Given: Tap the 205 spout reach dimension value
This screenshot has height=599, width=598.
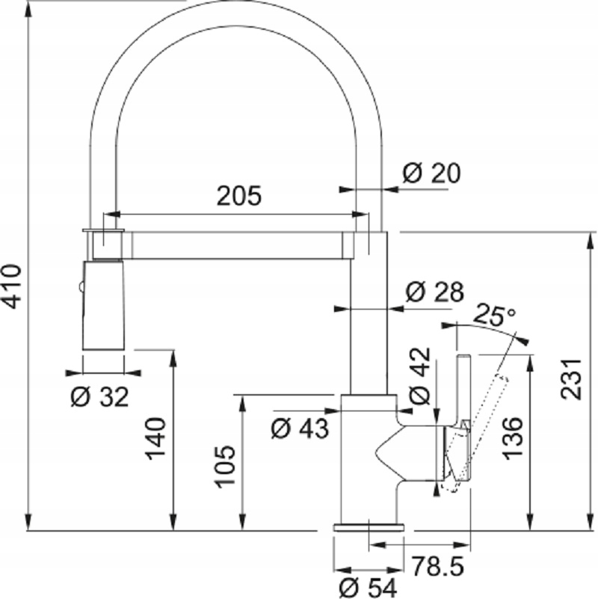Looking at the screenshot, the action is tap(239, 196).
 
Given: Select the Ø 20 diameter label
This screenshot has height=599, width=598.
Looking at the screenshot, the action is tap(431, 173).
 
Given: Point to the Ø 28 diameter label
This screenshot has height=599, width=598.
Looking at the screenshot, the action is tap(434, 292).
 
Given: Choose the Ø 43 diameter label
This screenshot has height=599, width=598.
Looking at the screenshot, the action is tap(299, 428).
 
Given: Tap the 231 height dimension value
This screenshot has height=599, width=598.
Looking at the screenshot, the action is tap(571, 378).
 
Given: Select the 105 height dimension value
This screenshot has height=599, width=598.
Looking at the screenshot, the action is tap(226, 467).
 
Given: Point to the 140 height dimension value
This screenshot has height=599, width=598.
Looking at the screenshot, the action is tap(155, 439).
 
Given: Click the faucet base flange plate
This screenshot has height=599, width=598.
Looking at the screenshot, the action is tap(369, 527).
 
